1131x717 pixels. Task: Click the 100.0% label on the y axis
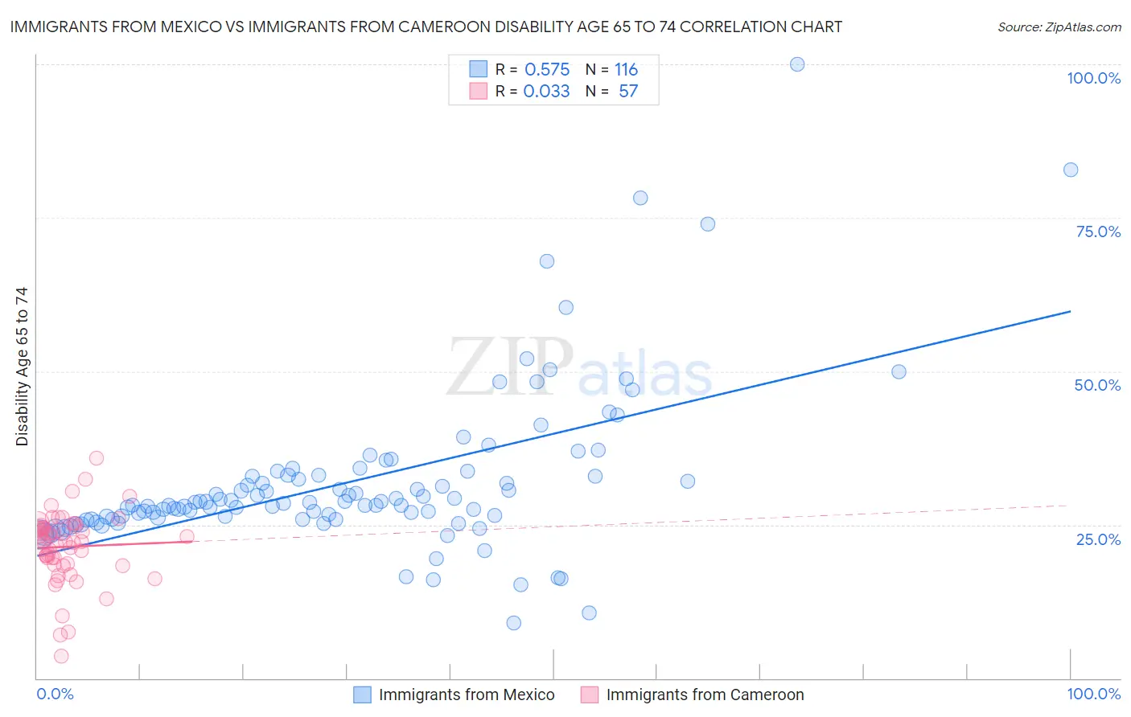(x=1093, y=78)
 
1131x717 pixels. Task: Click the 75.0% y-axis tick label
(x=1098, y=231)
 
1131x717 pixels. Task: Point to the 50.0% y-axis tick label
(x=1097, y=385)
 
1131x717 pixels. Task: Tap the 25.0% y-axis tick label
(x=1098, y=539)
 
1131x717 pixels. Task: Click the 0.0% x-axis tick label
(x=55, y=694)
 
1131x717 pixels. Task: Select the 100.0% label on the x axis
(x=1093, y=694)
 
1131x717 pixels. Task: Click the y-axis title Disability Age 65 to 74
(x=22, y=367)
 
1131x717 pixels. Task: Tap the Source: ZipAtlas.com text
(x=1059, y=27)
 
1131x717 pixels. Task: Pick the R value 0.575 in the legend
(x=547, y=70)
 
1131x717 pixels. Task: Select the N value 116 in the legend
(x=626, y=70)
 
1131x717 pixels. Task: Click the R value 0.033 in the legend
(x=547, y=92)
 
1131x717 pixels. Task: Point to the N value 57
(x=628, y=92)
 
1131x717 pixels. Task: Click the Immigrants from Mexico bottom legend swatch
(x=363, y=694)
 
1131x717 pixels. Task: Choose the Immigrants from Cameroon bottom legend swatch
(x=590, y=694)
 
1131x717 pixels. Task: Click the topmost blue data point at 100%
(x=797, y=64)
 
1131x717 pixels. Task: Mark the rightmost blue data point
(x=1071, y=170)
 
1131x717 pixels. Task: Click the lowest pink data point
(x=61, y=656)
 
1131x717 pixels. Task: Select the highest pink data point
(x=97, y=458)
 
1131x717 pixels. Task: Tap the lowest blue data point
(x=514, y=623)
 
